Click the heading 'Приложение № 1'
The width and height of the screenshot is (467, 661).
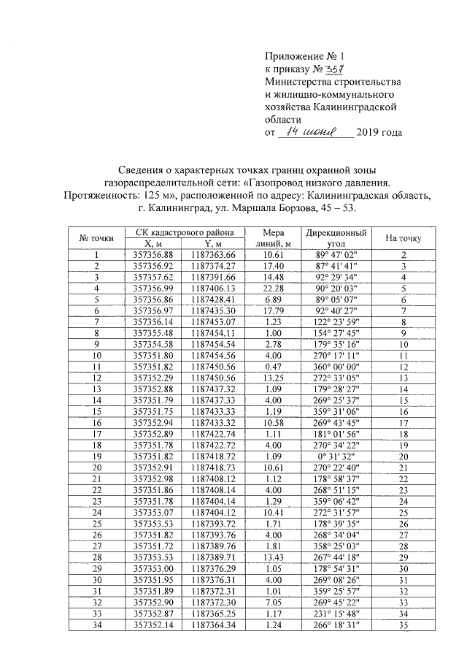pos(301,56)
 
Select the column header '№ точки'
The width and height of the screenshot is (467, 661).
pos(96,238)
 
